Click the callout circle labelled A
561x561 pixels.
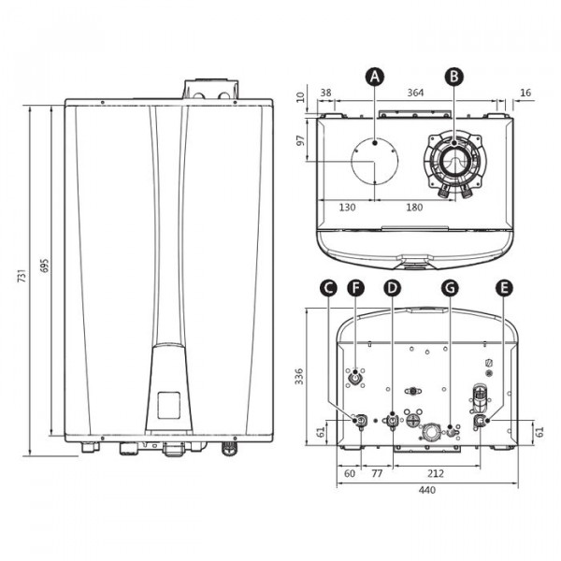click(x=375, y=77)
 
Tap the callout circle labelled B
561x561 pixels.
click(x=454, y=77)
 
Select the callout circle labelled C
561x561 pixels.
click(x=328, y=288)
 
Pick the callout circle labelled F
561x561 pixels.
click(x=355, y=288)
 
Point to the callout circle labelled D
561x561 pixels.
click(x=392, y=288)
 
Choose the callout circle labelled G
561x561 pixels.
click(x=450, y=288)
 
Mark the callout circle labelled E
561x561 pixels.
click(x=504, y=288)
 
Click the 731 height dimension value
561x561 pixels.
click(x=22, y=275)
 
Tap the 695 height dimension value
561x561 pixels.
click(x=44, y=266)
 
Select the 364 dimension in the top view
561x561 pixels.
click(x=415, y=93)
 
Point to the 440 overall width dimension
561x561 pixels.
click(x=427, y=489)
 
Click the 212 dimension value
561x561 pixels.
click(x=436, y=474)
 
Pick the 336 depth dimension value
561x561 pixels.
click(x=299, y=377)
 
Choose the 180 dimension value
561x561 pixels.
click(x=414, y=208)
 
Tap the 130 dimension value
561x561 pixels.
click(x=347, y=208)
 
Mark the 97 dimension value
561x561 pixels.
click(x=301, y=140)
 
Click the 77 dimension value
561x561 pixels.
click(x=377, y=474)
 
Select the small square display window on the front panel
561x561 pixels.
click(x=169, y=405)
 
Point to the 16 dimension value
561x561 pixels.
click(x=525, y=93)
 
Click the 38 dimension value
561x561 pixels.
click(x=325, y=93)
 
